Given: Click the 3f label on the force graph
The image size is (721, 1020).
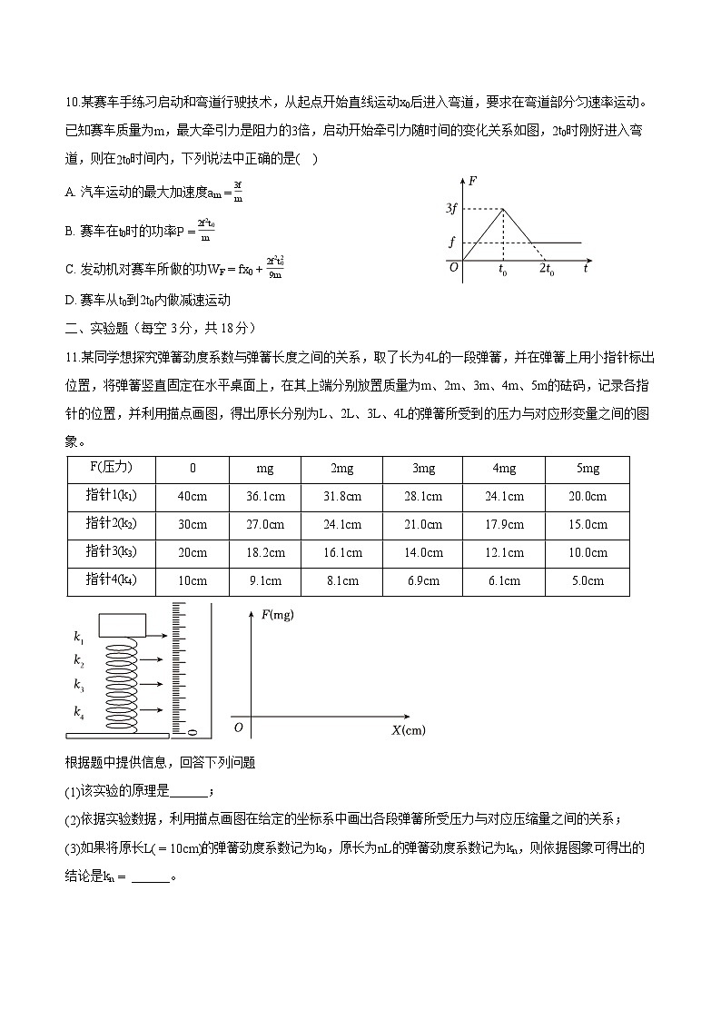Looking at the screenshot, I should [x=451, y=210].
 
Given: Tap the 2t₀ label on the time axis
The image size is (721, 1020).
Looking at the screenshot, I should [x=547, y=270].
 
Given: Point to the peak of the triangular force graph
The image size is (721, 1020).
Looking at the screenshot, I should [x=503, y=209].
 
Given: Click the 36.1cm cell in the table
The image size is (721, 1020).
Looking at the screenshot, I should [x=265, y=496].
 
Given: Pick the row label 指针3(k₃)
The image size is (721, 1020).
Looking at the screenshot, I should [x=111, y=552].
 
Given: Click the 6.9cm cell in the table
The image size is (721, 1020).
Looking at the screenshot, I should [x=422, y=581].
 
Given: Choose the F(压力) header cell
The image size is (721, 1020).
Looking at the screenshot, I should [x=111, y=468].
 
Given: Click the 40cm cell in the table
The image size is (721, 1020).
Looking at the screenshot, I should [x=192, y=496].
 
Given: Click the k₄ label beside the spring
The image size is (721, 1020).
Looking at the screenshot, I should [x=79, y=710].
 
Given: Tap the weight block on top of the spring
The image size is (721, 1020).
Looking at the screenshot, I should [x=123, y=626].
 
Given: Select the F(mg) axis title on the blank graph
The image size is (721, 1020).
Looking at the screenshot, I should [x=278, y=615].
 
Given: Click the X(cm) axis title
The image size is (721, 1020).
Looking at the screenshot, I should [x=408, y=729].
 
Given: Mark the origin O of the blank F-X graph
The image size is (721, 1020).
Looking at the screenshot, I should [x=238, y=728].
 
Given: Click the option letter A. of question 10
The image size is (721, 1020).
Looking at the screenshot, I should [x=71, y=192].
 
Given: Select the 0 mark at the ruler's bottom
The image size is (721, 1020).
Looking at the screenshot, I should [x=192, y=730].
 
